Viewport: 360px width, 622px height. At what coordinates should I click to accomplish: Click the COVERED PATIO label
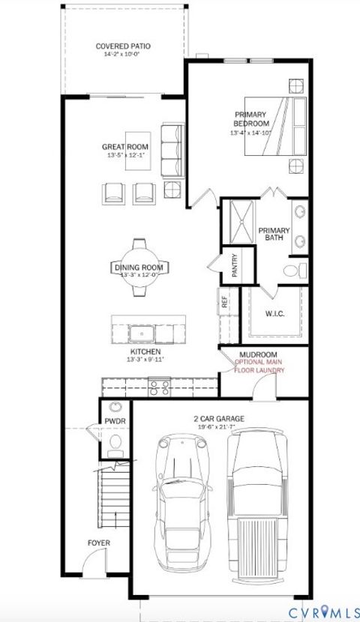(x=123, y=46)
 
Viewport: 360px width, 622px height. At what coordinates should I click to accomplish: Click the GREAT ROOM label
(x=125, y=146)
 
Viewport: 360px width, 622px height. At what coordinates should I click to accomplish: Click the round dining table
(x=139, y=268)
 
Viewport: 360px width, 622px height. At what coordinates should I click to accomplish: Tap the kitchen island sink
(x=141, y=331)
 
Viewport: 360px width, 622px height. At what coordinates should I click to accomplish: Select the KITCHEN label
(x=145, y=351)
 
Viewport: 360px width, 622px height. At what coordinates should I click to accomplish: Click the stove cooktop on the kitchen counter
(x=160, y=387)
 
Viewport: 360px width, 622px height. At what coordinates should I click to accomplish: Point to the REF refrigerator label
(x=223, y=302)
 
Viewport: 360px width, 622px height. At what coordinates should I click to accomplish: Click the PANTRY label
(x=235, y=267)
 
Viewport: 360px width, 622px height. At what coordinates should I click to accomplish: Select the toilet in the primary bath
(x=295, y=269)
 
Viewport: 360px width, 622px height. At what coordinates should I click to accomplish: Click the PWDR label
(x=115, y=422)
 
